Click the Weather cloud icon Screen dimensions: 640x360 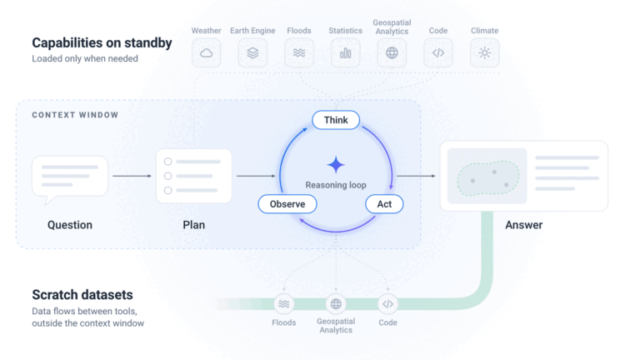(207, 53)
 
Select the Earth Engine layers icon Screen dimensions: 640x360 (252, 53)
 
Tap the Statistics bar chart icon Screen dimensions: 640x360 (345, 53)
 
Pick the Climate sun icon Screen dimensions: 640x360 (484, 53)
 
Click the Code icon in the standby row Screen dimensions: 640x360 (438, 53)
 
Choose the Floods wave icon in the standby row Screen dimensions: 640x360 (299, 53)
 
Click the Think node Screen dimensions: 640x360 (336, 120)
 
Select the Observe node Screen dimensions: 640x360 (287, 204)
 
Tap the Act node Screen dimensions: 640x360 (384, 204)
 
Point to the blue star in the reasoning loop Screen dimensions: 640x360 (336, 165)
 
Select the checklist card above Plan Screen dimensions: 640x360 (194, 176)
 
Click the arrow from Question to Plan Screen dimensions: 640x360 (132, 176)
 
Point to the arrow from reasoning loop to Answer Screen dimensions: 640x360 (417, 176)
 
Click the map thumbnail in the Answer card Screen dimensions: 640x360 (487, 176)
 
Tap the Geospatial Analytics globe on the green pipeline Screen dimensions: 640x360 (336, 304)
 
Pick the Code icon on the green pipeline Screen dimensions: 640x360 (387, 304)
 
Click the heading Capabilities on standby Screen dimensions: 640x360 (102, 42)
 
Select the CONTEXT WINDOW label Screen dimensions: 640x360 (75, 115)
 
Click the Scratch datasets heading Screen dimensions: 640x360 (82, 295)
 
